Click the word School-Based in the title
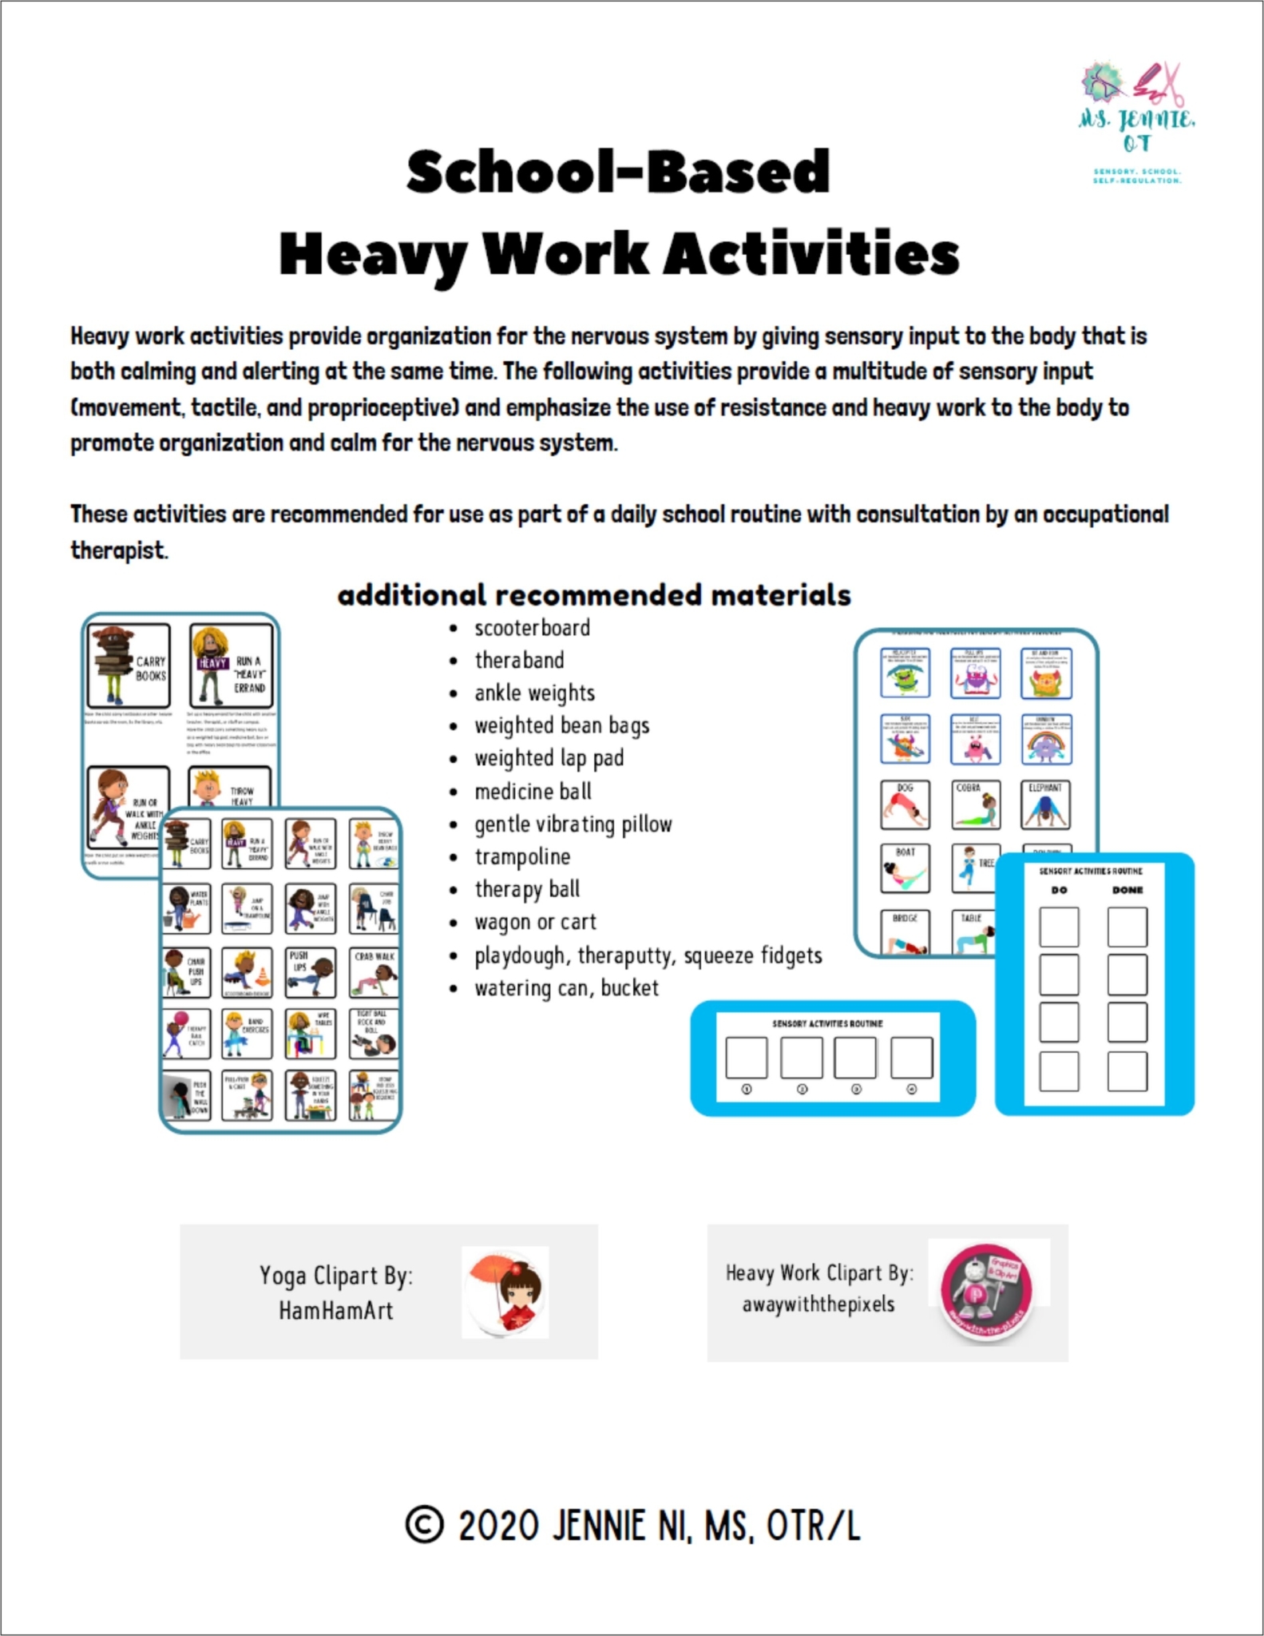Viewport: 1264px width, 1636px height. click(618, 172)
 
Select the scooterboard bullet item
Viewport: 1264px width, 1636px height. click(532, 628)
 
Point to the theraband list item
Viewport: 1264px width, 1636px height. click(519, 661)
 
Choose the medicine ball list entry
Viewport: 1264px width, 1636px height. click(533, 792)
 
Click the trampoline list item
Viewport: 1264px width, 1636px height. click(522, 857)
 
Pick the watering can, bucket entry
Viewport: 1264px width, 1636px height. click(566, 988)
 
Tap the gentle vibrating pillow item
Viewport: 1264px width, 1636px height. click(573, 824)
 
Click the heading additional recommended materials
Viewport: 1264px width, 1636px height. click(594, 595)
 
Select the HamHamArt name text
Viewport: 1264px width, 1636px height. click(335, 1310)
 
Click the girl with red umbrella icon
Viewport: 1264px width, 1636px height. click(505, 1292)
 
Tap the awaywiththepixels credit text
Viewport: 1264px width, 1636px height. click(818, 1304)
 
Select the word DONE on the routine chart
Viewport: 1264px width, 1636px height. click(1127, 890)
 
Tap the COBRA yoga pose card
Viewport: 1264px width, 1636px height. click(975, 804)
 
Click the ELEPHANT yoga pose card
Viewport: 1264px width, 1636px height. click(1045, 804)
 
